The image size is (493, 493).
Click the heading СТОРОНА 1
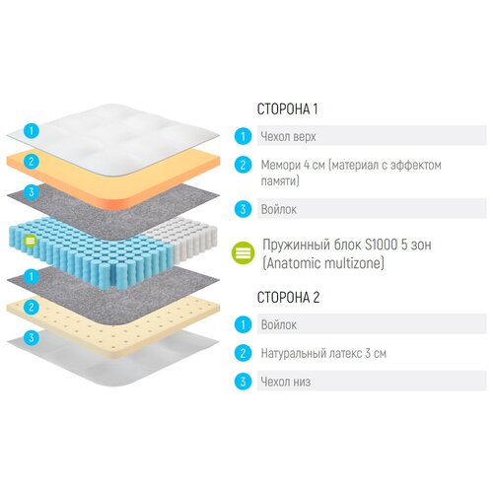287,109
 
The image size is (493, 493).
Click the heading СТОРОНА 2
288,297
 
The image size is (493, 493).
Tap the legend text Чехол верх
288,136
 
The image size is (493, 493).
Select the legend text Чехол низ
285,382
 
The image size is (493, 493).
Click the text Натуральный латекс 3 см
323,353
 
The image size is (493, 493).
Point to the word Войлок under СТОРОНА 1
279,209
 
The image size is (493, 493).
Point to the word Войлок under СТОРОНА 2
279,325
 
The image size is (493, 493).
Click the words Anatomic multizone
323,263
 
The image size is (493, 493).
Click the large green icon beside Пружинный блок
244,253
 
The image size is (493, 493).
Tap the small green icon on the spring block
31,241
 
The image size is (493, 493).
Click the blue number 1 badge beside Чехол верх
244,136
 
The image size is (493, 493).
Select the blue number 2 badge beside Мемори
244,165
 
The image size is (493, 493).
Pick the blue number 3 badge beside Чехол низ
244,382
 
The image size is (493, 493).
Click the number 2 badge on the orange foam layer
32,162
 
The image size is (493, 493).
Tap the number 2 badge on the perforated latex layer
32,307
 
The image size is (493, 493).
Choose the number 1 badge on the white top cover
32,130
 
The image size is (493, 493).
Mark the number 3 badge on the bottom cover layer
32,337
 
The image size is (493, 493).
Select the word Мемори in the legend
280,165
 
